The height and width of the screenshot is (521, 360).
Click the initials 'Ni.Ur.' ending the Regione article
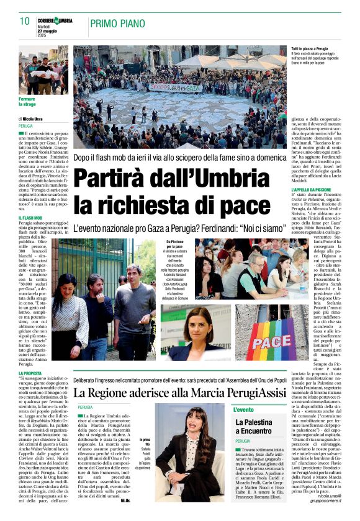click(125, 499)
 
